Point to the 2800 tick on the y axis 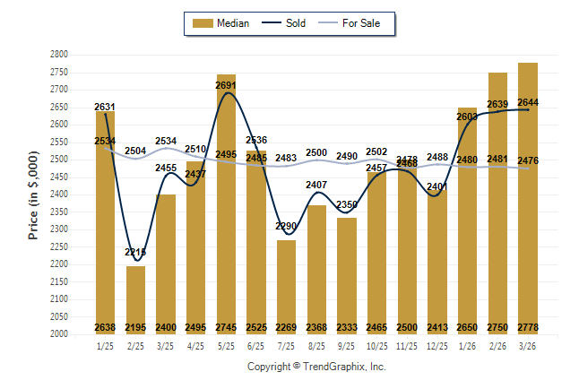pyautogui.click(x=59, y=55)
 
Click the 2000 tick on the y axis pyautogui.click(x=59, y=334)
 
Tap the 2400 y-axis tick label pyautogui.click(x=59, y=194)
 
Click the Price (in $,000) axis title pyautogui.click(x=34, y=194)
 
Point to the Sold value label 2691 pyautogui.click(x=226, y=86)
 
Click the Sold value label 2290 pyautogui.click(x=286, y=226)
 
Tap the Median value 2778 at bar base pyautogui.click(x=528, y=327)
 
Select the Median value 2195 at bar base pyautogui.click(x=135, y=327)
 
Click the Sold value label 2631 pyautogui.click(x=105, y=108)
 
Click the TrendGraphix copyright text pyautogui.click(x=315, y=367)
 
